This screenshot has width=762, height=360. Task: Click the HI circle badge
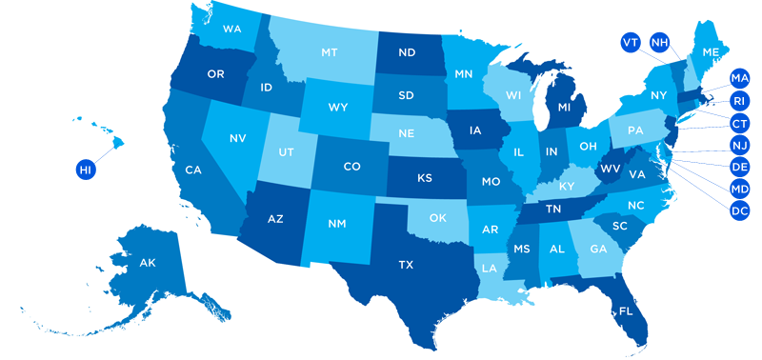(x=86, y=170)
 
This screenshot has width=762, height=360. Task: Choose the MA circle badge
(x=739, y=77)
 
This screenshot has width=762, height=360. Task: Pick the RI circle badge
(x=739, y=100)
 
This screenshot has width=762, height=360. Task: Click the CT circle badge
(x=739, y=123)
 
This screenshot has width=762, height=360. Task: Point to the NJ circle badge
(x=739, y=145)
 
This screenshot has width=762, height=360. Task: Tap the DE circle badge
(x=739, y=167)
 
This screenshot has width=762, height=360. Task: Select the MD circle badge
(x=739, y=189)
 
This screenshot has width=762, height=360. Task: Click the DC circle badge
(x=739, y=210)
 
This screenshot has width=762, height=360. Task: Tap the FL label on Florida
(x=625, y=310)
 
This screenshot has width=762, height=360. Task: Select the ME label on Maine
(x=711, y=52)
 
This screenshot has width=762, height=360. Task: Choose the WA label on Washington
(x=231, y=30)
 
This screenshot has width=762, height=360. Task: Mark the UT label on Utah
(x=284, y=152)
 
